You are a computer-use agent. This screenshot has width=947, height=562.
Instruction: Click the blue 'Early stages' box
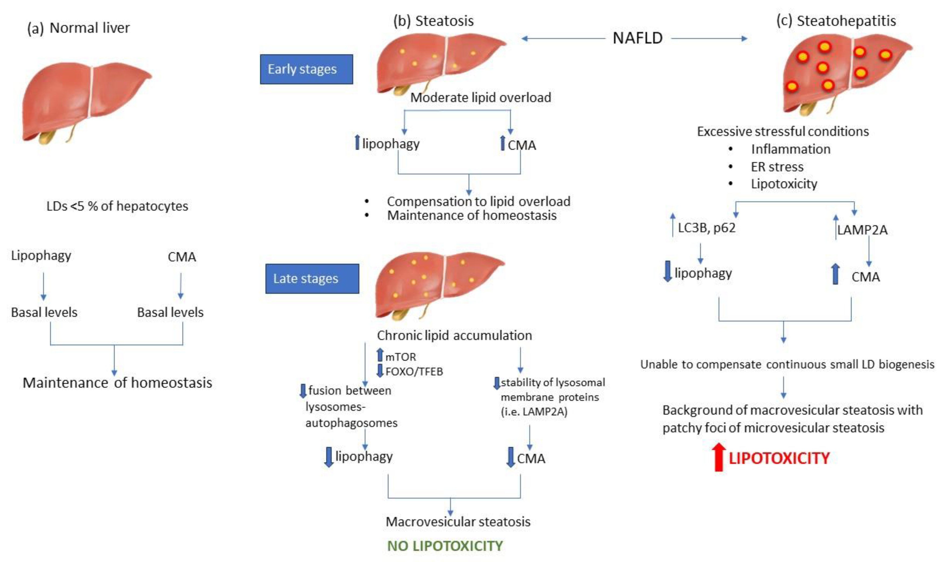coord(306,69)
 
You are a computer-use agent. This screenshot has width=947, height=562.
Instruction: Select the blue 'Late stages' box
coord(312,279)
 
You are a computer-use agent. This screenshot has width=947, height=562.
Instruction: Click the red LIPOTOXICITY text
coord(779,458)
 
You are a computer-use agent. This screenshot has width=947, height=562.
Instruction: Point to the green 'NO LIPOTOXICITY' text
coord(445,546)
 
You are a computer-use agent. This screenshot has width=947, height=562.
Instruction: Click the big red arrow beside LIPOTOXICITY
coord(718,457)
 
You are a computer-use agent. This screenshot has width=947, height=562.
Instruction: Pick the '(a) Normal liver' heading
coord(78,28)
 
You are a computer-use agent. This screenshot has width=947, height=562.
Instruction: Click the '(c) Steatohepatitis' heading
coord(836,21)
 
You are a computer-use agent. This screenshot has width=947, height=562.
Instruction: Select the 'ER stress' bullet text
coord(777,166)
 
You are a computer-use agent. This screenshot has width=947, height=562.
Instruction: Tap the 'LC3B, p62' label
coord(706,228)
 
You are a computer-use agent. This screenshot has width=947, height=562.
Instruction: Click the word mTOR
coord(400,357)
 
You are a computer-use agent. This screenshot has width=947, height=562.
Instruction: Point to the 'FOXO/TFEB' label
coord(414,372)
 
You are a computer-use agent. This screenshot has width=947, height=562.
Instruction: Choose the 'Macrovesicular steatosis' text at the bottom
coord(457,522)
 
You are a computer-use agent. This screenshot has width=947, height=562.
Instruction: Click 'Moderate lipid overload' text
coord(480,98)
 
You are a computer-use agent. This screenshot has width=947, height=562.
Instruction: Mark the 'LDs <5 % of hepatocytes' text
coord(117,206)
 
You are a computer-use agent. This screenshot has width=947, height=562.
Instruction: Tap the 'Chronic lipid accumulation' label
coord(454,335)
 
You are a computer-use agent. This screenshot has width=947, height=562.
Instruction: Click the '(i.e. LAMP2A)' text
coord(534,412)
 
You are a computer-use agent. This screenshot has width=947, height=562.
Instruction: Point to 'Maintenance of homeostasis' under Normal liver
coord(117,383)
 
